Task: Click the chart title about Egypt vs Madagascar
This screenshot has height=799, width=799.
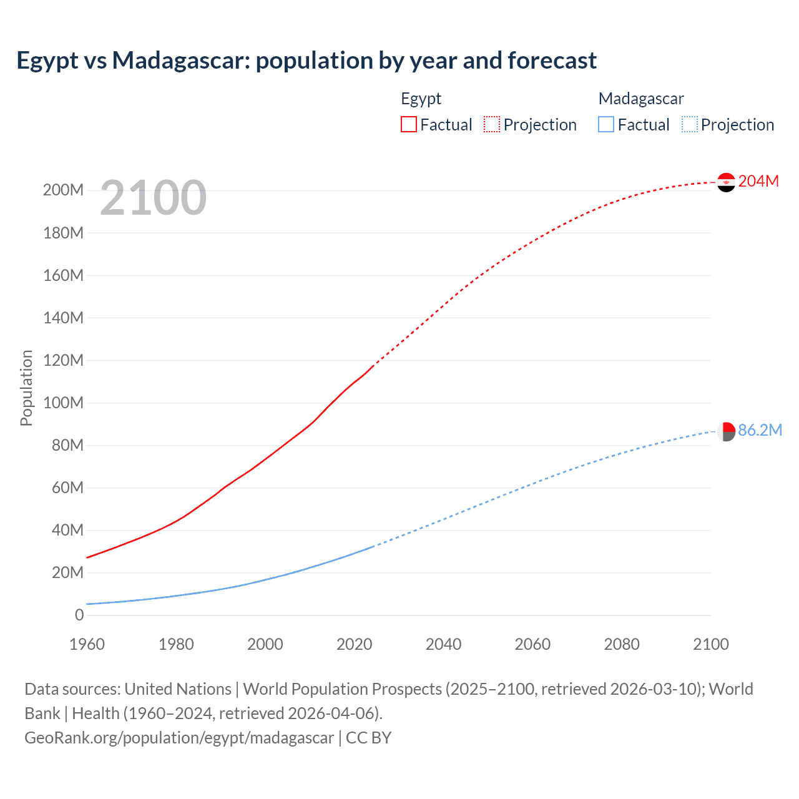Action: (306, 61)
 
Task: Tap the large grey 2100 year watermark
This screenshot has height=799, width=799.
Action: (153, 198)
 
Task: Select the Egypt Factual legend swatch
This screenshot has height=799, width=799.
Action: (408, 124)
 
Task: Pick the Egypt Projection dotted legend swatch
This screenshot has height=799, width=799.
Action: (492, 124)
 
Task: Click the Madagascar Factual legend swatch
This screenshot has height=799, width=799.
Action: (606, 124)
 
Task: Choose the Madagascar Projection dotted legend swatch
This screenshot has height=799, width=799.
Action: (689, 124)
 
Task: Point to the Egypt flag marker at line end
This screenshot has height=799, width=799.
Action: (726, 182)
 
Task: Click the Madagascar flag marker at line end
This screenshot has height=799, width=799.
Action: (726, 431)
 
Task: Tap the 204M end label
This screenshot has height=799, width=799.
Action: (758, 181)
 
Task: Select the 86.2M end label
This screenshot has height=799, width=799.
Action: (760, 430)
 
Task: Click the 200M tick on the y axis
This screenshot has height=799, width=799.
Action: (63, 190)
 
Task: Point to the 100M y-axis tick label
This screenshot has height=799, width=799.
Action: (63, 403)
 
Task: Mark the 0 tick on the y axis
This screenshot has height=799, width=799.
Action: (79, 615)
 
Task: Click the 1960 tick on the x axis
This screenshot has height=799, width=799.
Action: (87, 644)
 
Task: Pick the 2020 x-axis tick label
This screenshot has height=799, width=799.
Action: (355, 644)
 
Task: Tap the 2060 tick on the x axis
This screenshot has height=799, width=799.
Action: (532, 644)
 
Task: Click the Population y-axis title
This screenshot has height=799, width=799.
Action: (26, 388)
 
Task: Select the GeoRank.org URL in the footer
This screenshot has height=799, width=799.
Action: (179, 738)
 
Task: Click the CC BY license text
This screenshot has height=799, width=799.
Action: (368, 738)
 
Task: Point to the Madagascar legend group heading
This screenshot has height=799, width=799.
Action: (641, 99)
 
